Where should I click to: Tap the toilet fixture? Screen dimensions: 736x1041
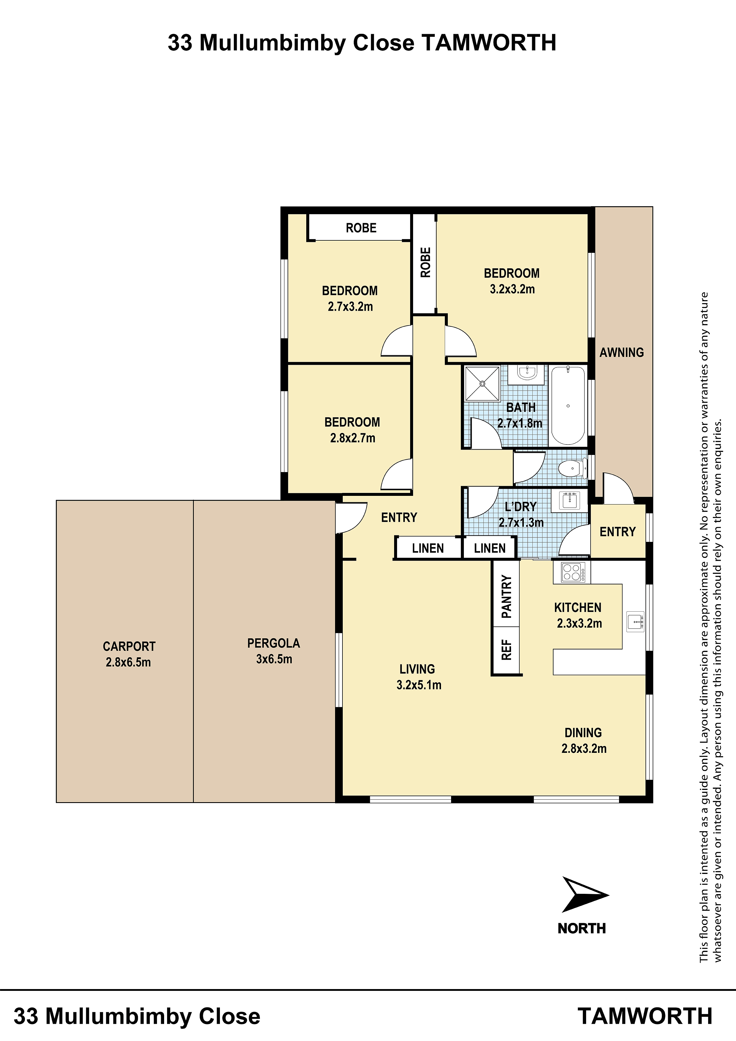pos(572,468)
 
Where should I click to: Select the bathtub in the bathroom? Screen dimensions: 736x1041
pos(568,405)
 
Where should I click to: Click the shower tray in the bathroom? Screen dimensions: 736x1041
pos(483,384)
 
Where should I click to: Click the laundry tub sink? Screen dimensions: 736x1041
pos(569,501)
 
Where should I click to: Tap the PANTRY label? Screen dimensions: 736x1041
pos(507,597)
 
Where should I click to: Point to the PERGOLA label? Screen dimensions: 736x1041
pos(273,643)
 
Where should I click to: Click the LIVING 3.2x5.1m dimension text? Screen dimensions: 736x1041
pos(418,685)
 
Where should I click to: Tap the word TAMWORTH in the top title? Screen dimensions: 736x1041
pos(489,43)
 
